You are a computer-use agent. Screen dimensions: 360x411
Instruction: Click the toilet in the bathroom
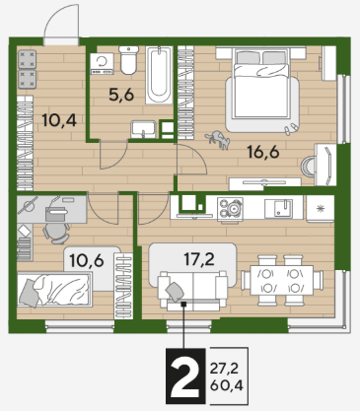128,59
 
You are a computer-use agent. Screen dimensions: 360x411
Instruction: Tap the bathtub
160,75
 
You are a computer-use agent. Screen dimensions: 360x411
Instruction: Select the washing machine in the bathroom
102,63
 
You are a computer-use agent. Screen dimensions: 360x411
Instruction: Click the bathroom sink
143,129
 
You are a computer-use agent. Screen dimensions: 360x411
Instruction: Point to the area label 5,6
121,95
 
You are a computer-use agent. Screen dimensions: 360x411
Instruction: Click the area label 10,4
59,120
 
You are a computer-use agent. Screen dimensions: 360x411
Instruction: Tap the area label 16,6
263,152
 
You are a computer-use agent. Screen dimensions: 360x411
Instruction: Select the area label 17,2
199,259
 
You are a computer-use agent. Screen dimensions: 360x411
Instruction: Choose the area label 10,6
87,261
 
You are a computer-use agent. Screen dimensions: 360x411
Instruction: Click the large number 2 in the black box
185,377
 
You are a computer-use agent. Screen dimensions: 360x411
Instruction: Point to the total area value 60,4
227,385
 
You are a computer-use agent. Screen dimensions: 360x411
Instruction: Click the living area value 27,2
224,369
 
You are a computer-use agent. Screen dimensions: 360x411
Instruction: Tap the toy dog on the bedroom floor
218,139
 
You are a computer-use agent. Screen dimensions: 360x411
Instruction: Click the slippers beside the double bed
290,129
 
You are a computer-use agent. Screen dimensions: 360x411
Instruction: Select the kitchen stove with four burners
230,208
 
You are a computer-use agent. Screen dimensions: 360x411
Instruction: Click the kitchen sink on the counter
279,208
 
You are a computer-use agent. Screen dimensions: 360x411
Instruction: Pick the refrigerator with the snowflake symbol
320,209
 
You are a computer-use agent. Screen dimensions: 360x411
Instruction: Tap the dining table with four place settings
282,280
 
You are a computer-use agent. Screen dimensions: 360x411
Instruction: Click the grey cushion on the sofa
175,291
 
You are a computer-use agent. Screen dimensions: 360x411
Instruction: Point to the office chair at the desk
56,233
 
